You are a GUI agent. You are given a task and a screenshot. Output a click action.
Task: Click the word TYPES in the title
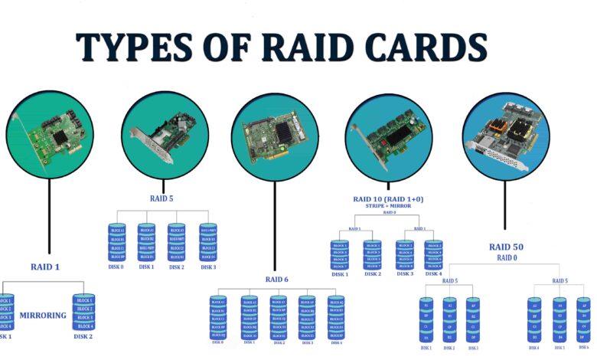(128, 47)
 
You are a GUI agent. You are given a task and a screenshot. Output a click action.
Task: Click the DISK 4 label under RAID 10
(434, 273)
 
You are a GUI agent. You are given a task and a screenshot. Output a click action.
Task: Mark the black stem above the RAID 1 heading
(51, 222)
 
